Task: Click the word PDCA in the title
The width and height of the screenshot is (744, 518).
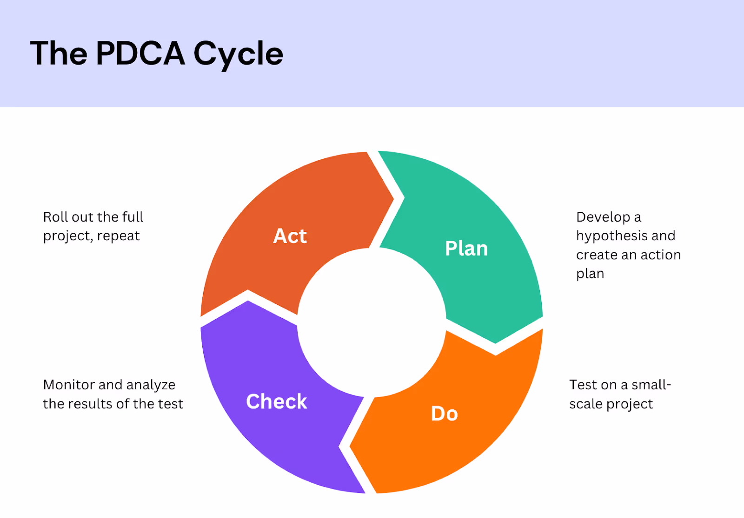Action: click(140, 53)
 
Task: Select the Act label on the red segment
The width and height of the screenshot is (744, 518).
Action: click(290, 236)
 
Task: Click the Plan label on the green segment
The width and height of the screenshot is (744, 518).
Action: click(466, 249)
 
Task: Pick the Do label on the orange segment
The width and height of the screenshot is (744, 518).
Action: click(444, 413)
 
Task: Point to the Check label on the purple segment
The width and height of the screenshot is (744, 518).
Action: click(276, 401)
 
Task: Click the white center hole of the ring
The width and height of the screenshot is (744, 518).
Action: click(372, 322)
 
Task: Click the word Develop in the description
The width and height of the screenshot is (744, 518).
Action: click(603, 217)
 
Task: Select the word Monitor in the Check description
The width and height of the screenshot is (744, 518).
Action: click(68, 385)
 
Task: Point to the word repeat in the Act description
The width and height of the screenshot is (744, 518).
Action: click(118, 236)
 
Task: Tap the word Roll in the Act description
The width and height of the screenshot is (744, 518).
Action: click(55, 217)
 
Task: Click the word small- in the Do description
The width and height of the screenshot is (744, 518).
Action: click(651, 385)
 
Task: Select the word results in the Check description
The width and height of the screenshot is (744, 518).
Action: click(92, 404)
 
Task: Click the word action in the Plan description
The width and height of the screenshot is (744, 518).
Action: click(660, 255)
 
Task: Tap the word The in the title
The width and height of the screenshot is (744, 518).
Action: click(59, 53)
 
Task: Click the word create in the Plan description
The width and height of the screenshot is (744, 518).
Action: click(594, 255)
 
